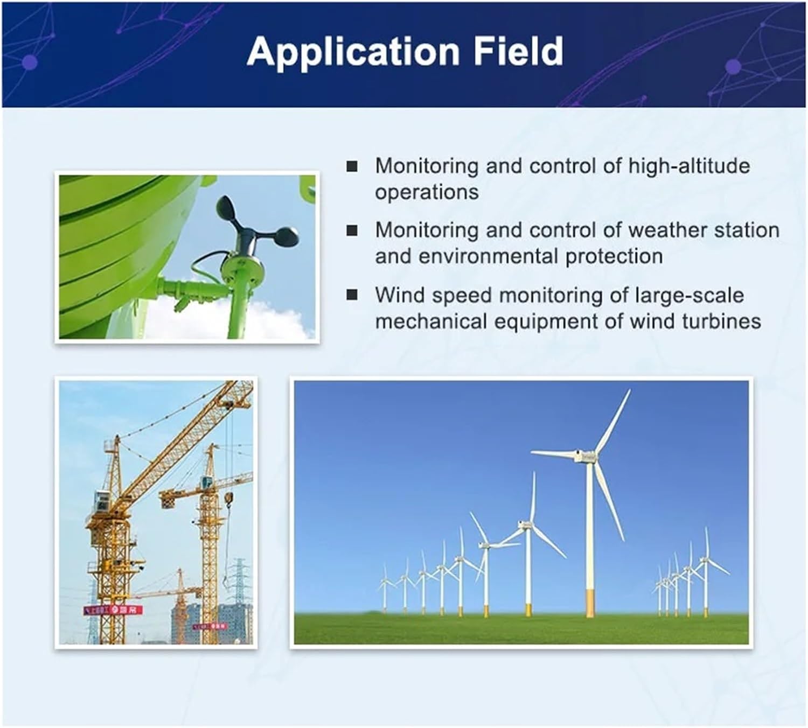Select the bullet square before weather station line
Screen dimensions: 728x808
(x=352, y=230)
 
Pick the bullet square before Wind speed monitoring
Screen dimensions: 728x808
(x=352, y=295)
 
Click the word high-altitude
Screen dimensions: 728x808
(x=689, y=166)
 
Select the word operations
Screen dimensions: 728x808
(x=427, y=192)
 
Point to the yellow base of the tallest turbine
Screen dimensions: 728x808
(x=590, y=603)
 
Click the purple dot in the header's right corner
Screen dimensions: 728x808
(x=733, y=67)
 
